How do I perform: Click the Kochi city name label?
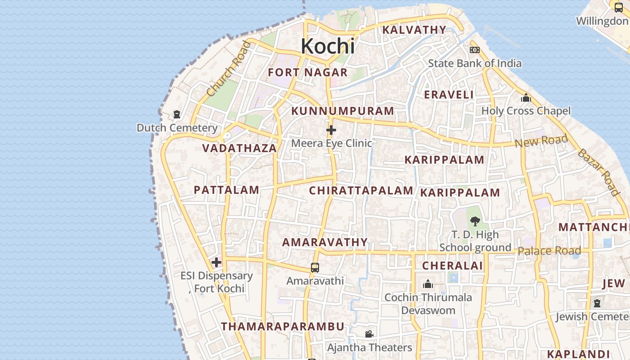click(x=328, y=46)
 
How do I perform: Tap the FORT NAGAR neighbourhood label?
click(x=308, y=72)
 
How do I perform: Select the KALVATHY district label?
click(x=414, y=30)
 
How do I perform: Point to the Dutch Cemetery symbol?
click(x=177, y=114)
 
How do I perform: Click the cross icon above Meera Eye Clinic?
click(x=331, y=130)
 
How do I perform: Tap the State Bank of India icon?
click(x=474, y=50)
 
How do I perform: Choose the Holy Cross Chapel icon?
click(x=526, y=98)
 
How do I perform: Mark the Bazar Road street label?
click(x=598, y=172)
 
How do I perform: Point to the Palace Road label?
click(x=549, y=251)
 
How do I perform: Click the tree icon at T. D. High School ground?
click(x=475, y=221)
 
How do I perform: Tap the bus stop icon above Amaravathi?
click(x=315, y=268)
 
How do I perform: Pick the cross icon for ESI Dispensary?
click(x=216, y=262)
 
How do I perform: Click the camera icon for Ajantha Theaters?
click(x=369, y=334)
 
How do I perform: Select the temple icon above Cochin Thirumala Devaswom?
click(x=428, y=284)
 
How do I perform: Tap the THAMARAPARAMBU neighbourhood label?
click(x=283, y=327)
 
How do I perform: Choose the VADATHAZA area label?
click(x=239, y=148)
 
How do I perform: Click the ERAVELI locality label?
click(x=449, y=95)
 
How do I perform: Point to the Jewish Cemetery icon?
click(x=597, y=303)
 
